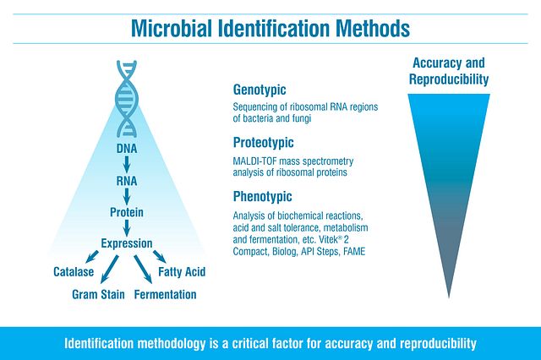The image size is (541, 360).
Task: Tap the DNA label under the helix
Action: point(126,150)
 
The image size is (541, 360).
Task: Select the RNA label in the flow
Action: point(126,180)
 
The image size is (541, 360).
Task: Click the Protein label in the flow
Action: point(126,210)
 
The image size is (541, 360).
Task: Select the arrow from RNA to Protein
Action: point(126,195)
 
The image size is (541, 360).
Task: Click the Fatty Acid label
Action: point(181,272)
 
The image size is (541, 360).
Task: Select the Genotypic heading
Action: point(259,90)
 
